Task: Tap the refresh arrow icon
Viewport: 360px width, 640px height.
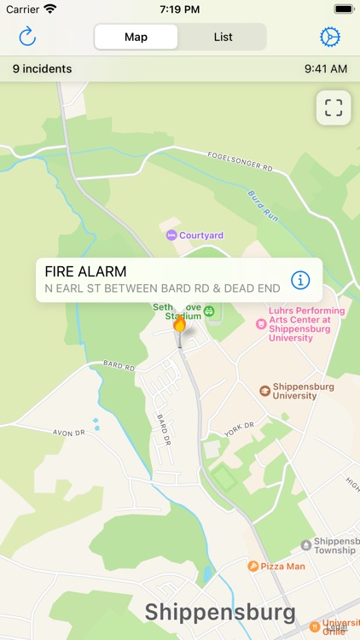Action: pyautogui.click(x=27, y=37)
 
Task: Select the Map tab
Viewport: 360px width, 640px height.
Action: pyautogui.click(x=136, y=37)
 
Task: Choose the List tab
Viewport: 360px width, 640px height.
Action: pyautogui.click(x=223, y=37)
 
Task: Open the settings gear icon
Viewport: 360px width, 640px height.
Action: pyautogui.click(x=329, y=37)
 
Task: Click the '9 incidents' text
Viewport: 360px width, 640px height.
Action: pyautogui.click(x=42, y=68)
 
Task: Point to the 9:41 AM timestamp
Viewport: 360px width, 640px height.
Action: pyautogui.click(x=326, y=68)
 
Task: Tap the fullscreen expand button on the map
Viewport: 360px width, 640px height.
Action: pyautogui.click(x=333, y=108)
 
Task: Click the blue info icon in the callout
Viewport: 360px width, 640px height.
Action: pyautogui.click(x=300, y=279)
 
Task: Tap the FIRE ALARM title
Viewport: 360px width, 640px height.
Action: pyautogui.click(x=85, y=272)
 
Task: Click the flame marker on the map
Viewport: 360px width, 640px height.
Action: pyautogui.click(x=179, y=325)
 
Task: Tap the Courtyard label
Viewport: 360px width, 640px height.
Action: pyautogui.click(x=201, y=235)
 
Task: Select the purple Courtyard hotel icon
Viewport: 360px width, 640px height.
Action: pyautogui.click(x=171, y=235)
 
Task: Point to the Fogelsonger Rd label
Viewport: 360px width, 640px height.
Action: pyautogui.click(x=240, y=162)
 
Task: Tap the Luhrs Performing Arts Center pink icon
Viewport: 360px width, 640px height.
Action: pyautogui.click(x=261, y=323)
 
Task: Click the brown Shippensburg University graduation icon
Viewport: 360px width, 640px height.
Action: pyautogui.click(x=265, y=391)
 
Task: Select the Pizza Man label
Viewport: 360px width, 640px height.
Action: pyautogui.click(x=282, y=566)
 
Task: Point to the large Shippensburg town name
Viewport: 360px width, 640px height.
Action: pyautogui.click(x=220, y=612)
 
